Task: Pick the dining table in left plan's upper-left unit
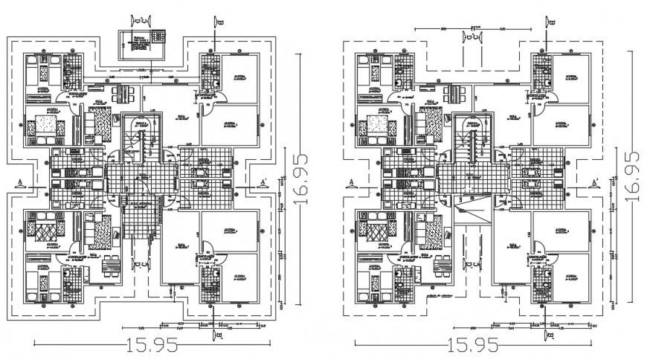click(x=118, y=94)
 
